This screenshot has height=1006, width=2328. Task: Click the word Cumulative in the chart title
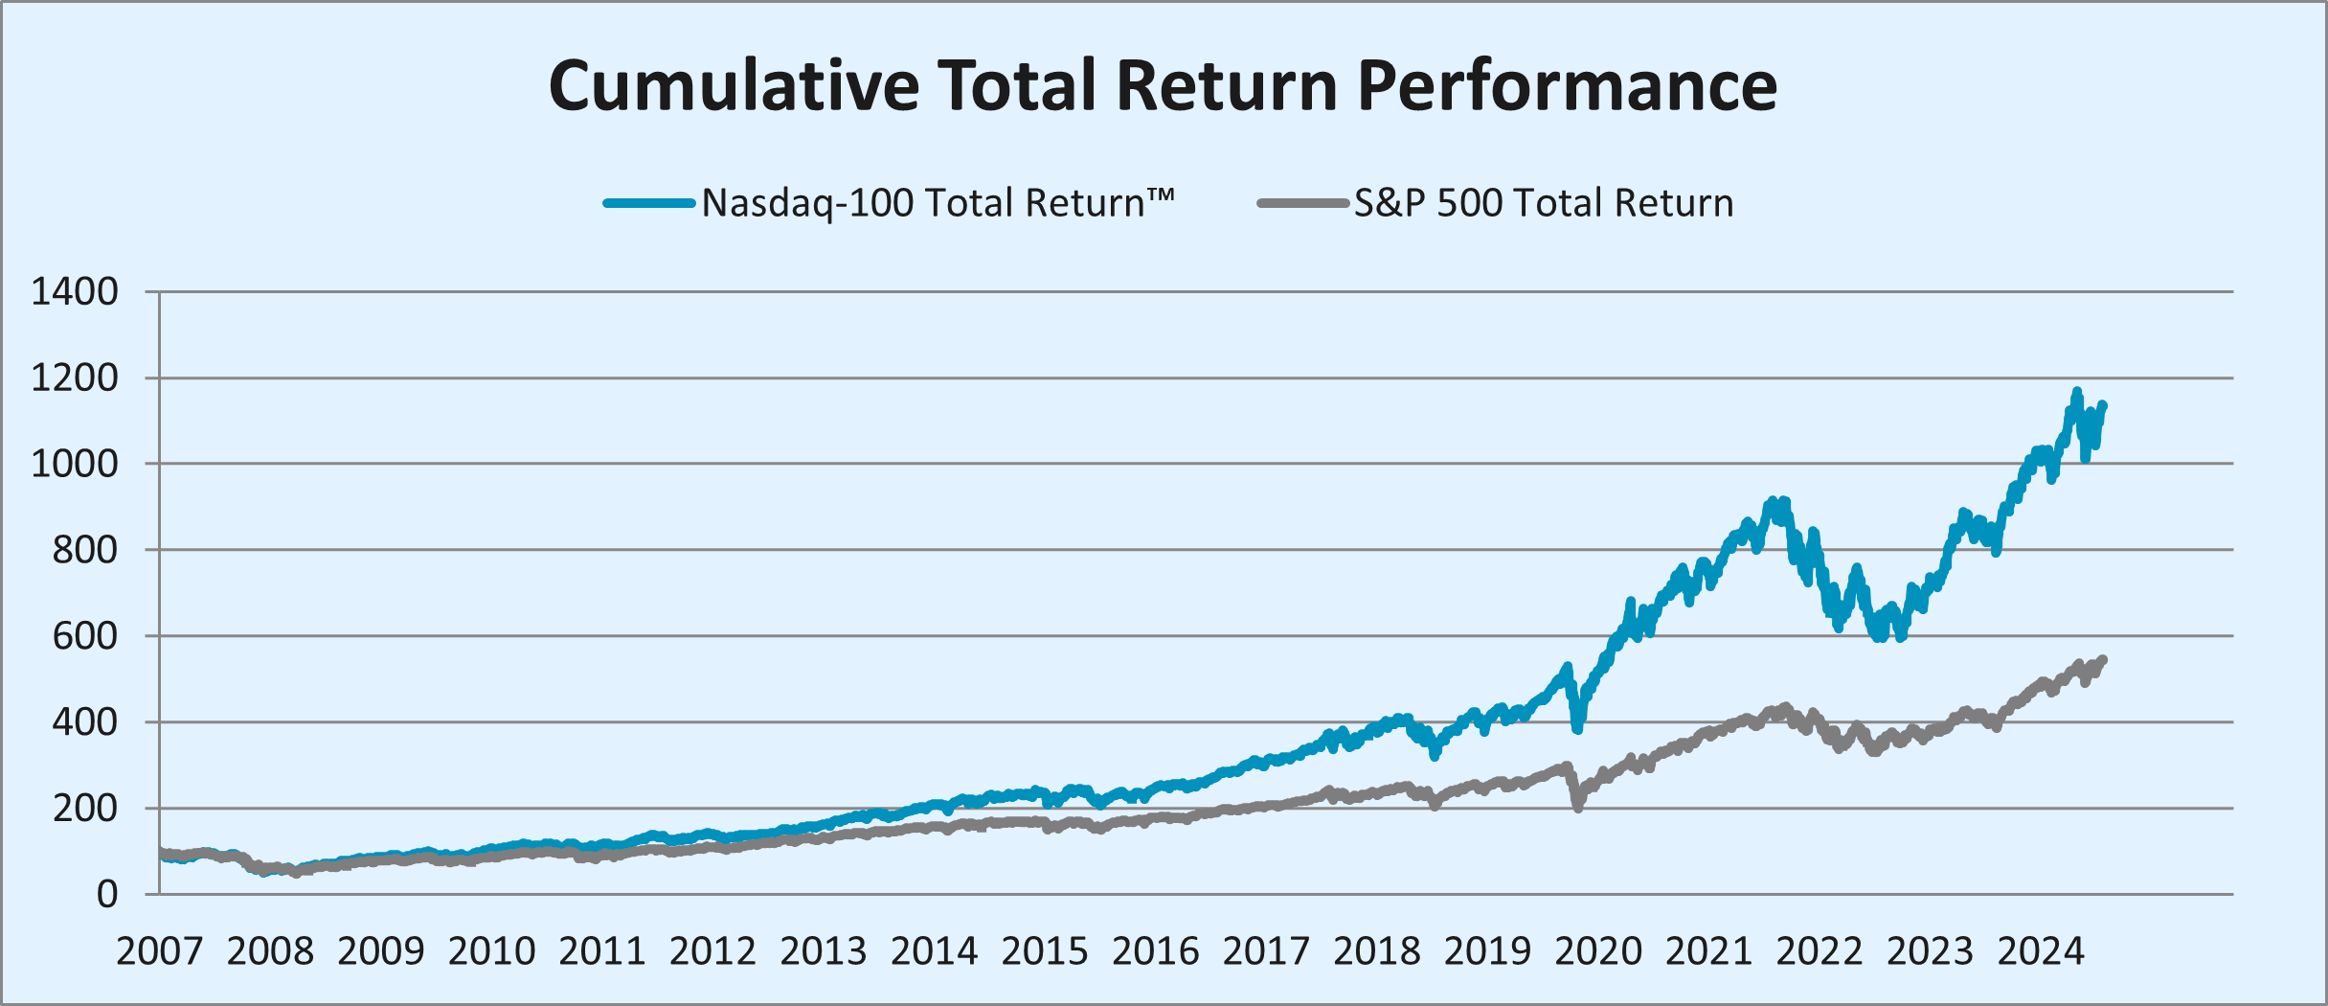point(735,86)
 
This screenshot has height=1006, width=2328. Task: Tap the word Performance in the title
point(1567,86)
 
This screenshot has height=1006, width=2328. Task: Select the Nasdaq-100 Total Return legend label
point(938,203)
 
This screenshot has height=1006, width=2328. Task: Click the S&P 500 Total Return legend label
point(1543,203)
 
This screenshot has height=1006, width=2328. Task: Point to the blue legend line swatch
point(649,203)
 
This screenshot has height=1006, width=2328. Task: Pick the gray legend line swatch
point(1303,203)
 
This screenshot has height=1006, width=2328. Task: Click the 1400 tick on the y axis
point(75,291)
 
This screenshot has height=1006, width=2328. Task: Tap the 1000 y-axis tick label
point(75,464)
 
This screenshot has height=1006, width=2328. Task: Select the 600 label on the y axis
point(85,636)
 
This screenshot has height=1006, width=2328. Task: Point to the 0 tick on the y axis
point(107,895)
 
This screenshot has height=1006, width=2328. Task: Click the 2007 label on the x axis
point(159,951)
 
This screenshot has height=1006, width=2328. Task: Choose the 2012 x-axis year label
point(712,951)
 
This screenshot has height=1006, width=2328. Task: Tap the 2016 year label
point(1155,951)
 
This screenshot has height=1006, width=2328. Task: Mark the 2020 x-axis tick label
point(1597,951)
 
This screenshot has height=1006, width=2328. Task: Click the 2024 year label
point(2040,951)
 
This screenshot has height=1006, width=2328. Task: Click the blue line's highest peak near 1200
point(2076,391)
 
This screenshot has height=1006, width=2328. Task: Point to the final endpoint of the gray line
point(2103,659)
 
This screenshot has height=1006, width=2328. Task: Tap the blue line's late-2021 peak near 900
point(1773,501)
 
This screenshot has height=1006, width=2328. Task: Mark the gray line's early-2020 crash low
point(1577,809)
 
